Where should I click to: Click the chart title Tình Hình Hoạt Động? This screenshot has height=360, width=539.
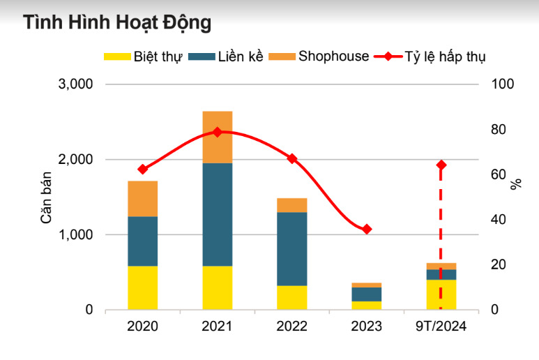pyautogui.click(x=116, y=23)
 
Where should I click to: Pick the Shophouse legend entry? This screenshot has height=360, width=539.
pyautogui.click(x=333, y=57)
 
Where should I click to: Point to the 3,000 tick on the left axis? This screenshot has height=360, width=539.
pyautogui.click(x=75, y=84)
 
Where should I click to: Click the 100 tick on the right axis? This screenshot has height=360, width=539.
pyautogui.click(x=502, y=84)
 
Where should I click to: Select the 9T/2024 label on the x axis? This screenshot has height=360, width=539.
pyautogui.click(x=441, y=327)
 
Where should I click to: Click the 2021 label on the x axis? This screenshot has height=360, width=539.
pyautogui.click(x=218, y=327)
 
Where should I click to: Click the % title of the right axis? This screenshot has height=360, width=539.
pyautogui.click(x=516, y=184)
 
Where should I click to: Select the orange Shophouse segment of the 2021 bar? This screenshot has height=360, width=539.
pyautogui.click(x=218, y=137)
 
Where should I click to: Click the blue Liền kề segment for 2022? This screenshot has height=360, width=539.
pyautogui.click(x=292, y=248)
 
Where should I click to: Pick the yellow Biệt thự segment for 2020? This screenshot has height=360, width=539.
pyautogui.click(x=143, y=287)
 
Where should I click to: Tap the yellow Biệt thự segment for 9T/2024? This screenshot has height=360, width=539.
pyautogui.click(x=441, y=294)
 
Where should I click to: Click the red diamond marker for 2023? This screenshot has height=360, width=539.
pyautogui.click(x=367, y=229)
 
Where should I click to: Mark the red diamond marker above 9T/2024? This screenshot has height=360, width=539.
pyautogui.click(x=441, y=165)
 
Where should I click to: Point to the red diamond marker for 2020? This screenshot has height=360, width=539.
pyautogui.click(x=143, y=169)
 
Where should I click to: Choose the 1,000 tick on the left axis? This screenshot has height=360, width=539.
pyautogui.click(x=75, y=235)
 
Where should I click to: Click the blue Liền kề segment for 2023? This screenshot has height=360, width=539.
pyautogui.click(x=367, y=294)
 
